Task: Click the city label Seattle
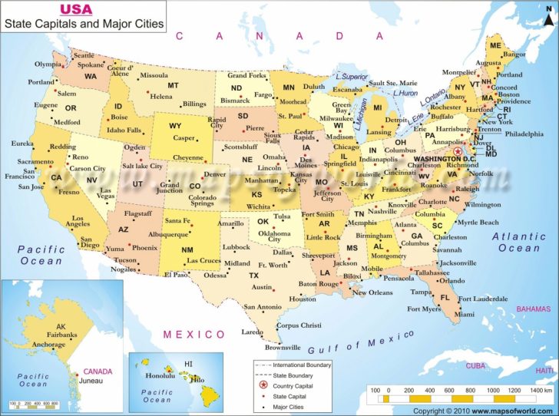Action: click(84, 56)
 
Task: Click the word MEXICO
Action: click(195, 335)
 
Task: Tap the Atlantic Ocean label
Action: click(519, 242)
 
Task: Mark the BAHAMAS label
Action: click(534, 309)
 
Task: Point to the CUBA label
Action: click(478, 365)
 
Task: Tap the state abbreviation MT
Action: click(174, 85)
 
